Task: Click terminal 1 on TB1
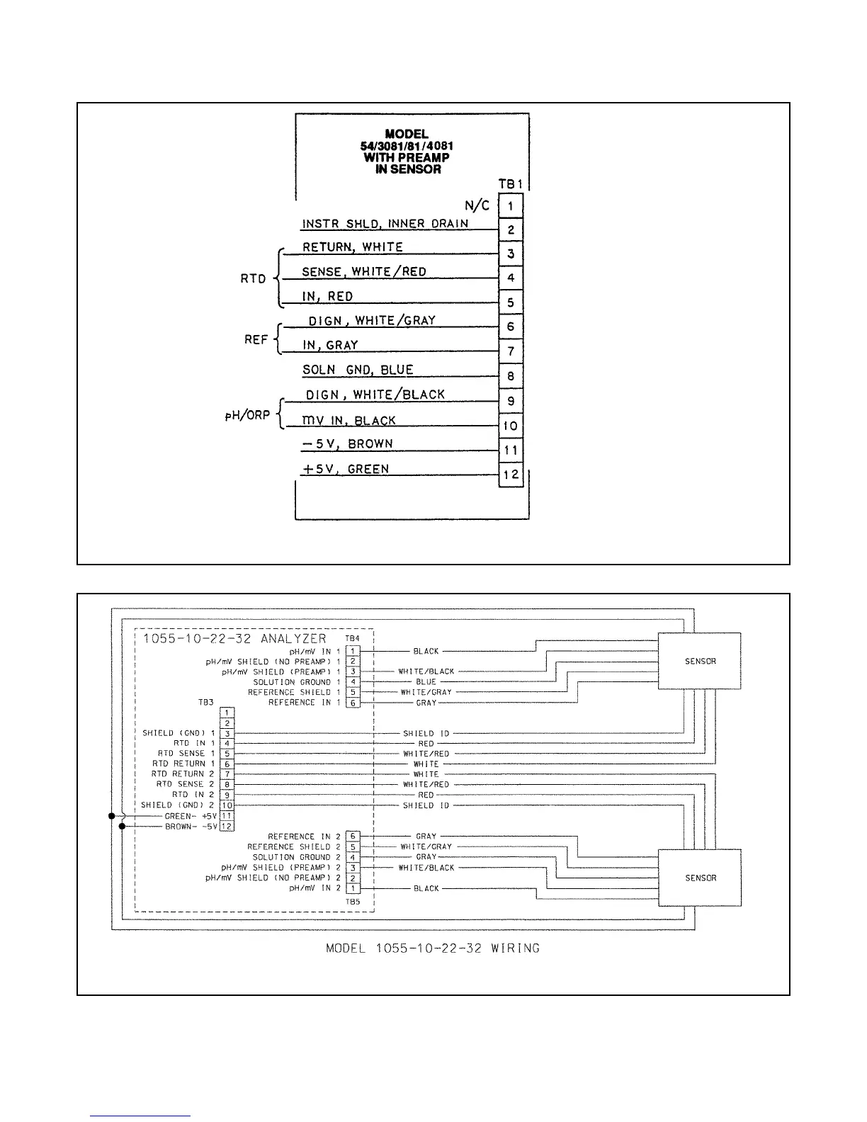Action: click(511, 206)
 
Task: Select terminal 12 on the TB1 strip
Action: click(511, 475)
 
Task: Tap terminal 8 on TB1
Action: click(511, 376)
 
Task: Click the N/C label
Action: click(477, 205)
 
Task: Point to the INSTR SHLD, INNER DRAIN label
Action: click(385, 224)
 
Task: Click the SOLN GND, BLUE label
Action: click(358, 370)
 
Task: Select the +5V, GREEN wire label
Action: click(346, 469)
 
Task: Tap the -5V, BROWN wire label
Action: click(348, 444)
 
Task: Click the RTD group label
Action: click(253, 278)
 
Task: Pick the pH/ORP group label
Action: click(248, 416)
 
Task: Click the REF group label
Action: click(256, 339)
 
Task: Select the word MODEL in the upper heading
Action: click(406, 134)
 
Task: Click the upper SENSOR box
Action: click(700, 661)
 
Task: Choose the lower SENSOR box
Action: click(700, 878)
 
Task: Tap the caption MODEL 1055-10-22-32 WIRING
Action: click(432, 948)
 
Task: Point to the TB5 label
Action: click(353, 902)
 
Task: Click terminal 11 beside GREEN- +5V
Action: click(227, 816)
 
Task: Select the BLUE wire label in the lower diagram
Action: click(426, 682)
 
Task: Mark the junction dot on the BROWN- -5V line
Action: click(122, 827)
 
